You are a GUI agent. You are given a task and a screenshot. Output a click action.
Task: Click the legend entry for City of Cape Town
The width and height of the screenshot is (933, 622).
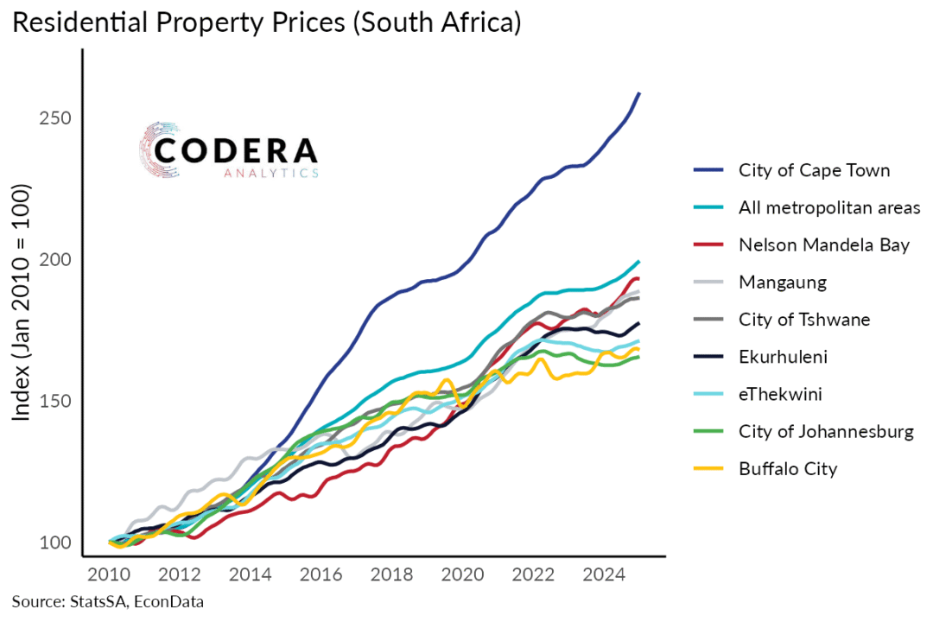(814, 170)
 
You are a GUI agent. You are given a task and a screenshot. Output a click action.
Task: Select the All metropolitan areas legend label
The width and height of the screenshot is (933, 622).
(829, 207)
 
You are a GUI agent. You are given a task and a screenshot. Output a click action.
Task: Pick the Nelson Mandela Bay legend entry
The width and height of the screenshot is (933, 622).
(824, 245)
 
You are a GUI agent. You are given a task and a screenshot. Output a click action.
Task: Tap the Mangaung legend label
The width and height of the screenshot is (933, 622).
(783, 282)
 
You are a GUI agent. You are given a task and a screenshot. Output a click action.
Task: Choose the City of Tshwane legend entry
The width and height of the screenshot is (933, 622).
(804, 320)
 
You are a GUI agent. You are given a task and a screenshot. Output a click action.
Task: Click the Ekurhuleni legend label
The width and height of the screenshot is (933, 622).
(783, 357)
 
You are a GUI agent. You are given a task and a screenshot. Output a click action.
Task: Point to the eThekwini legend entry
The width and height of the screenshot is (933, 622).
(780, 395)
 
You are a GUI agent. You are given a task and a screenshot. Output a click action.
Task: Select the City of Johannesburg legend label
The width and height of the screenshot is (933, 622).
(826, 432)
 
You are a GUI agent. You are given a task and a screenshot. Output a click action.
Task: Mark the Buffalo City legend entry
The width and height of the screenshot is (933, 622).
(788, 469)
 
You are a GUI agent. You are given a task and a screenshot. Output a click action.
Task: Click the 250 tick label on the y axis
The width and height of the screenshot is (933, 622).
(54, 118)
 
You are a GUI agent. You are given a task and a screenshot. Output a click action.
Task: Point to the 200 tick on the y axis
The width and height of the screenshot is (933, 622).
(54, 260)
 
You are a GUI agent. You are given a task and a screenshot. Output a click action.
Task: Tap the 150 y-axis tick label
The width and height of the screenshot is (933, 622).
(54, 402)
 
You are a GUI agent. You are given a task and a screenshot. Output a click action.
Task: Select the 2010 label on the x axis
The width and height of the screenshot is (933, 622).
(110, 574)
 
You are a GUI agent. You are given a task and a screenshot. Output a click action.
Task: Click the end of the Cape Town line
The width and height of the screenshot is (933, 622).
(638, 93)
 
